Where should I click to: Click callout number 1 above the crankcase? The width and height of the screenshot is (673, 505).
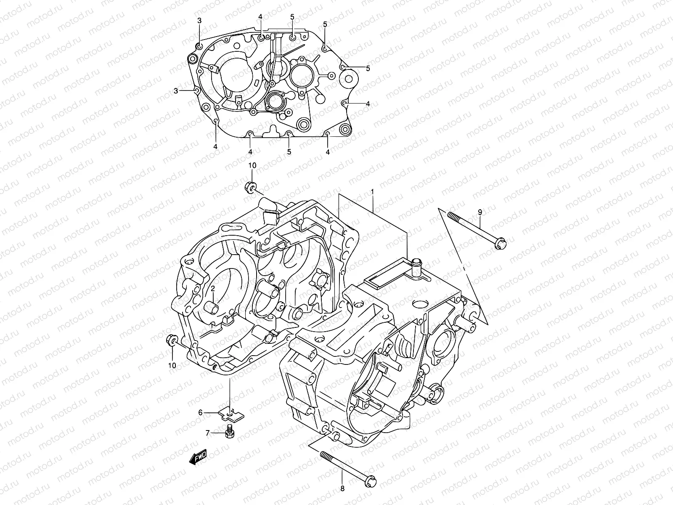372,192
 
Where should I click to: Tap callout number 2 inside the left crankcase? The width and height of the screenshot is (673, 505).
213,289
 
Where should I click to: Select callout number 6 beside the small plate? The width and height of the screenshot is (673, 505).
201,413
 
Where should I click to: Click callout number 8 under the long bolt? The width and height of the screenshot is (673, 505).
342,489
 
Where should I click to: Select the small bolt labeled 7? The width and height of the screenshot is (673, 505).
229,431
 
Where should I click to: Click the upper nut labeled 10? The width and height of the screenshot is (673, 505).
249,187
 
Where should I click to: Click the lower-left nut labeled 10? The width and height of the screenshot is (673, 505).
172,340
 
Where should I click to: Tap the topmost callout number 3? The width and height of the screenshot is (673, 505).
200,21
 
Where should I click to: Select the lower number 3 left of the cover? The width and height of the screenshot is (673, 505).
176,90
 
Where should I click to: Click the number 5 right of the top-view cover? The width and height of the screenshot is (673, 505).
368,68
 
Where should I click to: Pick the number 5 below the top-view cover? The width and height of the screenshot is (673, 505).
289,151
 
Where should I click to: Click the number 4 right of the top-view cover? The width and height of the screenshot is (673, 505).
368,104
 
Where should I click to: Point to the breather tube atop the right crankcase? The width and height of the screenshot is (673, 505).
416,267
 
